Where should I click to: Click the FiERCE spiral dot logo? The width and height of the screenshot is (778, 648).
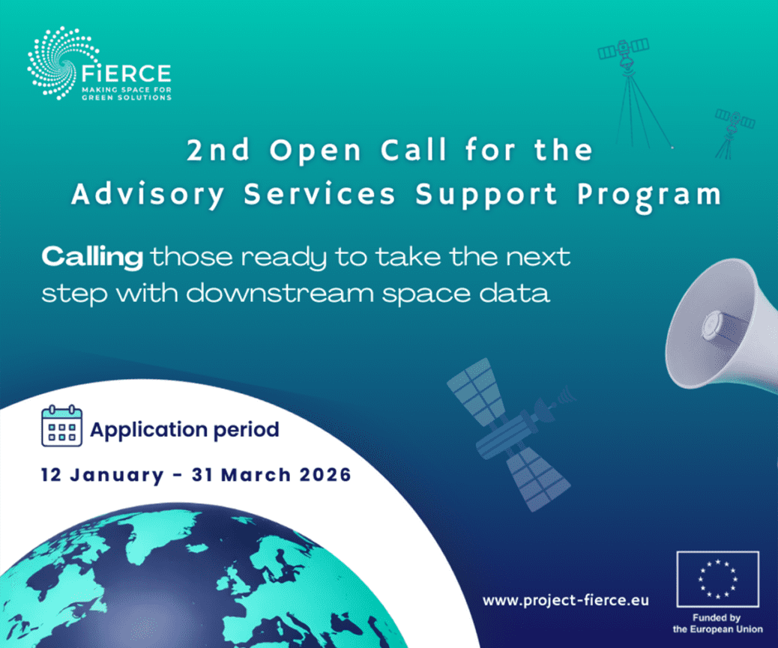(x=63, y=63)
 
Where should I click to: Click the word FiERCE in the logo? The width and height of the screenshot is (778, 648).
(x=126, y=74)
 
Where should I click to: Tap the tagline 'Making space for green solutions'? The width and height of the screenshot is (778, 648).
(x=127, y=94)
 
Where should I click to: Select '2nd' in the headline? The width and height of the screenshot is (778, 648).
(x=218, y=150)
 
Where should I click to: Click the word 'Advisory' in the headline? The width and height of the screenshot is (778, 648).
(x=148, y=194)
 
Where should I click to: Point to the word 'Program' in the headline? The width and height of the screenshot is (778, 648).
(x=649, y=196)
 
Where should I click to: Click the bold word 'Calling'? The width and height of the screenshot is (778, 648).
(x=92, y=257)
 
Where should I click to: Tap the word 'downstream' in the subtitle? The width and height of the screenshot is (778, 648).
(x=280, y=293)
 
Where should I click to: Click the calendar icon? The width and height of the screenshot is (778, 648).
(x=61, y=426)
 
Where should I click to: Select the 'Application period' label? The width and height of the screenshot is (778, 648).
(x=184, y=430)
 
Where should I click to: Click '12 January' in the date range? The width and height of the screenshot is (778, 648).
(x=102, y=475)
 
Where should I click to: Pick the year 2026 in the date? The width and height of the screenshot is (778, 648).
(x=325, y=475)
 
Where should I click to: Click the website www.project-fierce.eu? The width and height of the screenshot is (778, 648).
(x=566, y=600)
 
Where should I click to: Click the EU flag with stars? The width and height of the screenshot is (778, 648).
(x=717, y=579)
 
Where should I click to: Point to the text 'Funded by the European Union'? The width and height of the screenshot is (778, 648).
(x=717, y=623)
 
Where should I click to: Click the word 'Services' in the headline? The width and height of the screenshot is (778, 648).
(x=319, y=194)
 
